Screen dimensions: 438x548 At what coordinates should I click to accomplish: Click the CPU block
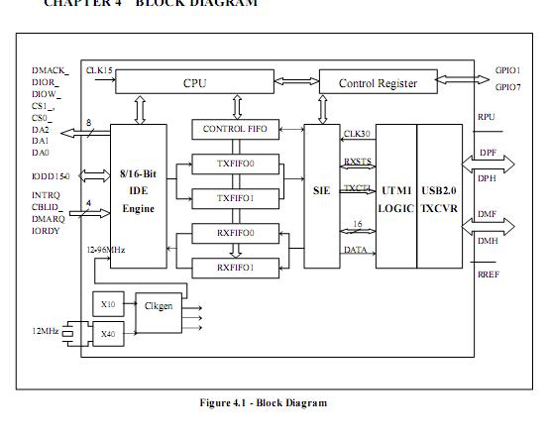click(194, 82)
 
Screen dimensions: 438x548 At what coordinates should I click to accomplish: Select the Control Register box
click(378, 83)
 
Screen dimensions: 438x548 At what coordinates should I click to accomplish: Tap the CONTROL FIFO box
click(235, 130)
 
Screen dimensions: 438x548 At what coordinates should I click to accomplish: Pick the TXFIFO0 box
click(235, 164)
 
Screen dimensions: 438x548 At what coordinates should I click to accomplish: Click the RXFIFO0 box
click(235, 234)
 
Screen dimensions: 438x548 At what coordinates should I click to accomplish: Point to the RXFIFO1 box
click(235, 267)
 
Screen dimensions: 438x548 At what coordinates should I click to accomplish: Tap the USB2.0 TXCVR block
click(437, 198)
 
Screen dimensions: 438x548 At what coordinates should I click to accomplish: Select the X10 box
click(107, 304)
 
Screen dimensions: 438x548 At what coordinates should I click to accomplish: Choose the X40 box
click(107, 335)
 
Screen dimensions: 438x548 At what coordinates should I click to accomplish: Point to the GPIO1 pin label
click(507, 71)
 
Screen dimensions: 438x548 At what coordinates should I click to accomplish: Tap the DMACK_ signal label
click(50, 70)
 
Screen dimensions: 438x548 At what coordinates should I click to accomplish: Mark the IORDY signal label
click(46, 231)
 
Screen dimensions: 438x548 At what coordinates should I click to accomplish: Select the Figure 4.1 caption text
click(263, 402)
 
